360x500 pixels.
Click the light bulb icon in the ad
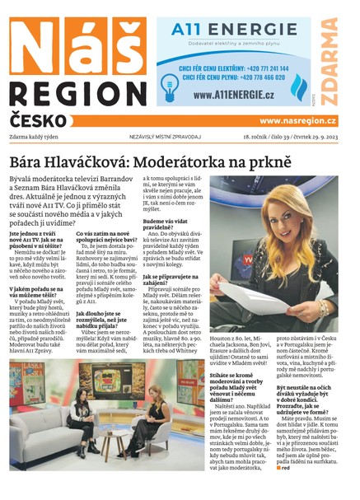tap(170, 83)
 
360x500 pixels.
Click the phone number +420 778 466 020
tap(250, 79)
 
